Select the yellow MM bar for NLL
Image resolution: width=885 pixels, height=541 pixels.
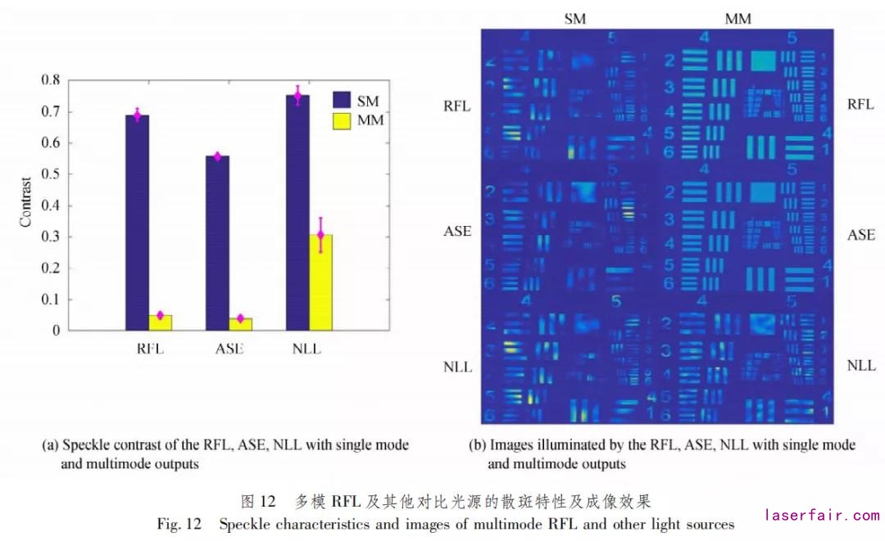pos(320,282)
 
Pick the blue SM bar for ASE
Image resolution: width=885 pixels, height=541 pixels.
pos(217,242)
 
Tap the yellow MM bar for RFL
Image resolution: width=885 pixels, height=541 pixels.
pos(161,322)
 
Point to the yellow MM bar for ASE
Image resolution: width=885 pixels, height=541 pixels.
pos(241,324)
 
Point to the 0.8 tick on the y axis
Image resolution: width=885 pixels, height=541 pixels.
pos(51,80)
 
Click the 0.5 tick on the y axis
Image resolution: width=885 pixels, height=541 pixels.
pos(51,174)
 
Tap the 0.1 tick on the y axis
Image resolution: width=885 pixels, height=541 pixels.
pos(51,300)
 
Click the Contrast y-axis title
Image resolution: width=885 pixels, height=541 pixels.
pos(25,202)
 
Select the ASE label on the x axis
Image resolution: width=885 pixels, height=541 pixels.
pos(229,349)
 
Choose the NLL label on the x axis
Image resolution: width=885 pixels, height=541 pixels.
pos(306,349)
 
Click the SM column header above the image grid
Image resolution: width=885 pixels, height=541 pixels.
pos(575,18)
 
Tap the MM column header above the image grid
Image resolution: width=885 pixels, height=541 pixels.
pos(737,18)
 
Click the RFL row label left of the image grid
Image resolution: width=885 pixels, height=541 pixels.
pos(457,106)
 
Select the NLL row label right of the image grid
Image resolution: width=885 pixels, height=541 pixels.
pos(860,366)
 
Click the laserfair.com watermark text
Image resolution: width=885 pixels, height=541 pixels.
pos(822,516)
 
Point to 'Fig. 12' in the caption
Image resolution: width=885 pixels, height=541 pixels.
pos(179,524)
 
